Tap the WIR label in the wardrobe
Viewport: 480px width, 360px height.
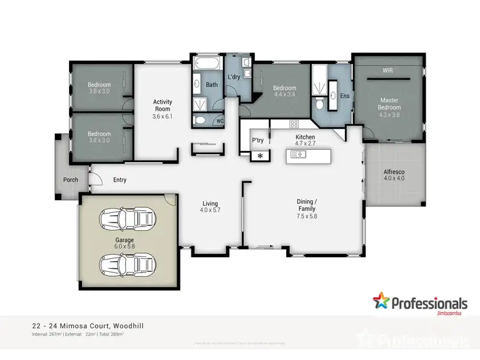pos(387,70)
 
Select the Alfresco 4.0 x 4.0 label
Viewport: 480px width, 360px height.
pos(394,176)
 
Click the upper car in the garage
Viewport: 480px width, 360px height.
pos(126,219)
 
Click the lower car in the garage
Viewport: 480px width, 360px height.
pos(126,262)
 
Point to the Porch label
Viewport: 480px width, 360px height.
pos(70,180)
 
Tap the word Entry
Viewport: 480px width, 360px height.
pos(120,180)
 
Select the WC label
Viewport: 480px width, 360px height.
pos(220,120)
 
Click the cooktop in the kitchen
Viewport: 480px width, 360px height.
pos(294,123)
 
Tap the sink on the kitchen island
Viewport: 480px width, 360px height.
pos(298,155)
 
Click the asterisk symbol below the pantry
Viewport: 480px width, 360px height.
pos(260,155)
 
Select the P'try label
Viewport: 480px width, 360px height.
pos(258,140)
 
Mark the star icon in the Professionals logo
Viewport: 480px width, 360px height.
pos(382,301)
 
